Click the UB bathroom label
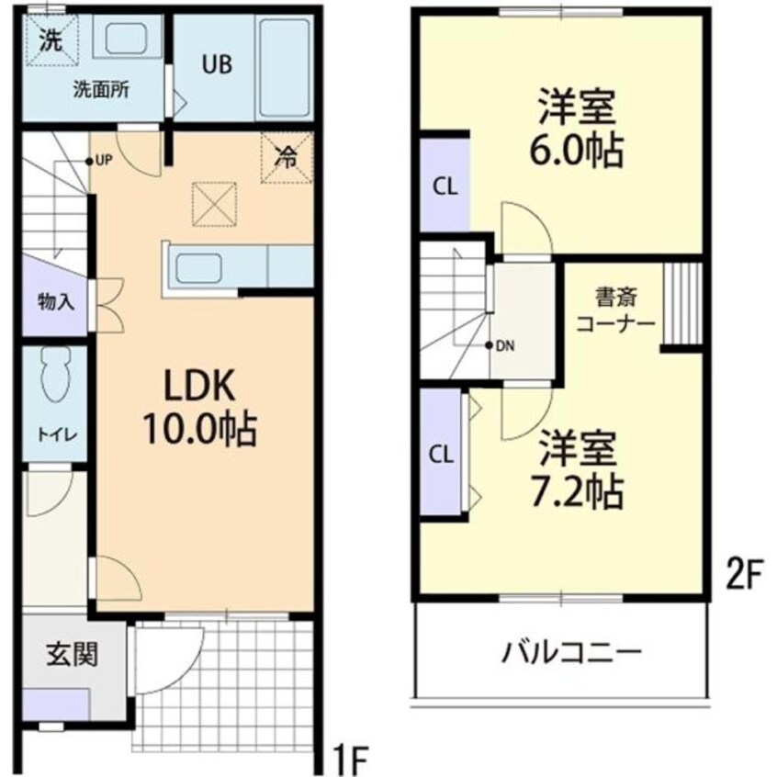217,64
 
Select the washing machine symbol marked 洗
52,40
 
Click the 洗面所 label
101,90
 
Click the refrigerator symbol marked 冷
287,158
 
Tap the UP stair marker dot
89,161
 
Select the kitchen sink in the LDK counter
198,268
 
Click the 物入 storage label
56,301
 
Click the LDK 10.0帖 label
199,409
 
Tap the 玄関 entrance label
73,654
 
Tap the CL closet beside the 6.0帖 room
445,186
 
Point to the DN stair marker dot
490,345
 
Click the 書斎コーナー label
616,310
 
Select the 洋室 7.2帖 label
578,469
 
